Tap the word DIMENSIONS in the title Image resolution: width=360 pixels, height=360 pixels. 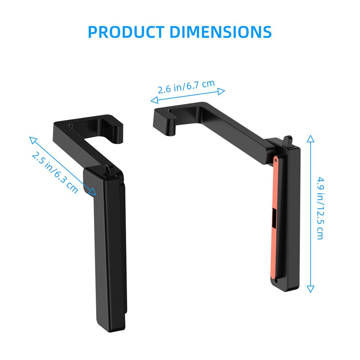click(x=221, y=32)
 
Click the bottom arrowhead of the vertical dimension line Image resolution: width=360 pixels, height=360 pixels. click(x=310, y=290)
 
